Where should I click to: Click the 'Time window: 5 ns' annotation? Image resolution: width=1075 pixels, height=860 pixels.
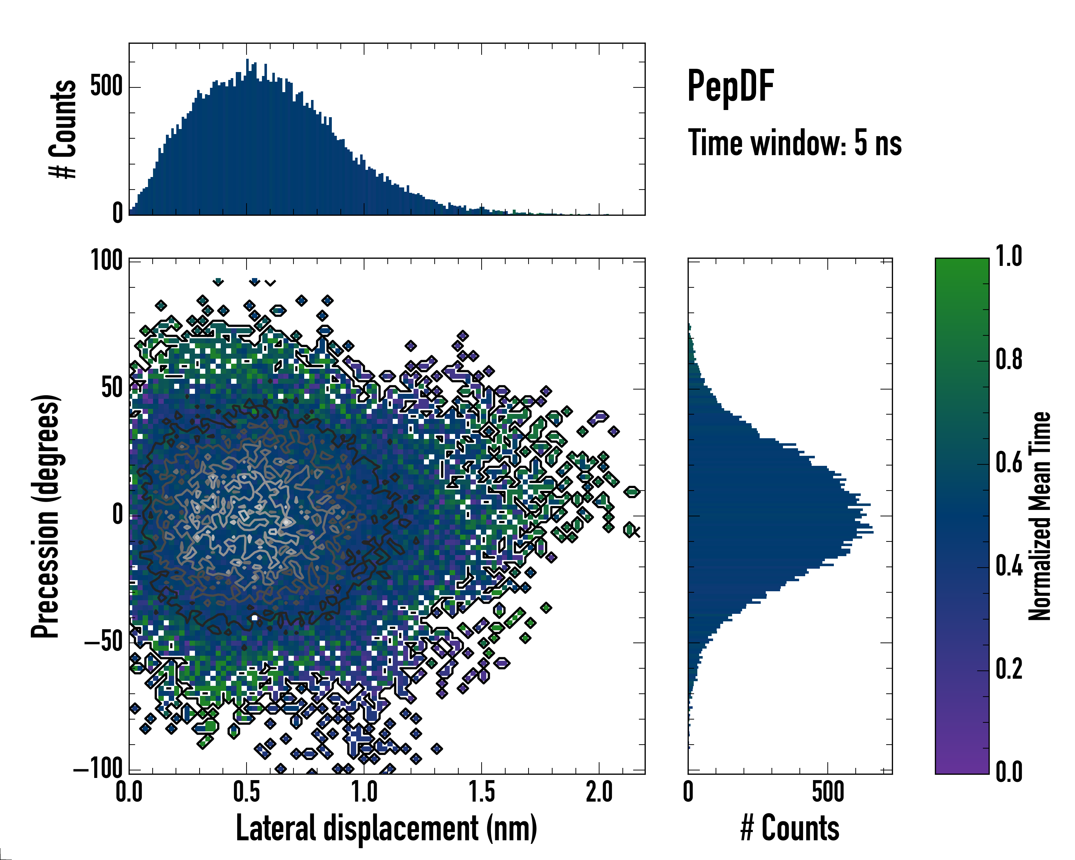click(x=794, y=143)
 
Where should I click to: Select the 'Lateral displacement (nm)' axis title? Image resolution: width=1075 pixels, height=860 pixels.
click(x=386, y=828)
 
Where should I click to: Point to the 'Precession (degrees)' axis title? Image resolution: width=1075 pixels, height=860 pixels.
click(x=46, y=516)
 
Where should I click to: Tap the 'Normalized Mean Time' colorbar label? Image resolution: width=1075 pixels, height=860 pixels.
click(x=1039, y=516)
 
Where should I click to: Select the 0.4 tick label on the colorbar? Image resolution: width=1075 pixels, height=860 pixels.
click(x=1009, y=567)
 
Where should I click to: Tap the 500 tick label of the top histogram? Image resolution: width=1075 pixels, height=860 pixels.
click(x=106, y=87)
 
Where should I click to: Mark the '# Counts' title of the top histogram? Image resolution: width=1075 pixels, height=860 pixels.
click(x=63, y=129)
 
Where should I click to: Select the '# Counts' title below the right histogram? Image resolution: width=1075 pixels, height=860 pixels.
click(x=790, y=828)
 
